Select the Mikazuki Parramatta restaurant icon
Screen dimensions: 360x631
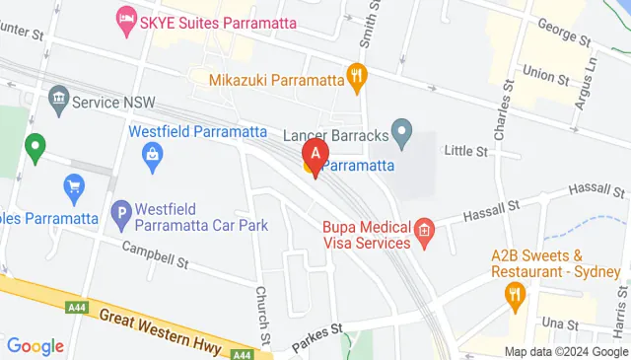[x=357, y=74]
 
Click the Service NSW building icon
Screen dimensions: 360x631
[x=57, y=100]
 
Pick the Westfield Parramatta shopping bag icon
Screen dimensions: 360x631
[x=153, y=154]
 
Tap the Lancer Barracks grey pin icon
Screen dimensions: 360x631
[x=401, y=130]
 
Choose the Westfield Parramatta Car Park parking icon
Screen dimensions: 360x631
[x=121, y=211]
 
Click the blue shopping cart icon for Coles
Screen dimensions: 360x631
[x=73, y=184]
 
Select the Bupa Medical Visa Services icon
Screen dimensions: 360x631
[x=425, y=234]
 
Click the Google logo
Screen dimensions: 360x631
[x=35, y=345]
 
